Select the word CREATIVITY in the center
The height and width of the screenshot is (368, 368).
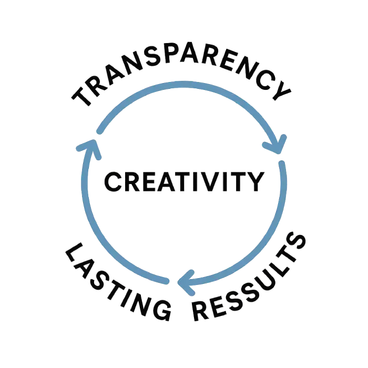point(183,182)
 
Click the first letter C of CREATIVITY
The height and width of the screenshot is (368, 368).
point(111,182)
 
